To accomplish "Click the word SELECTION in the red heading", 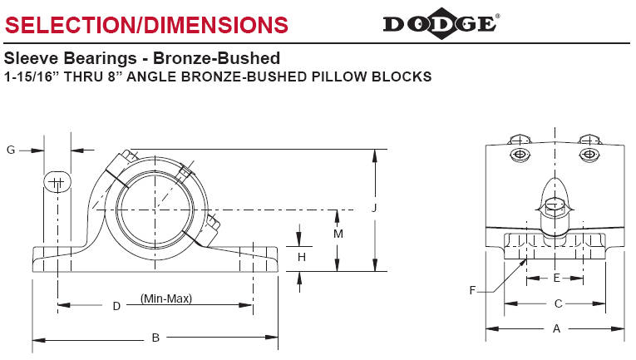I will [65, 24].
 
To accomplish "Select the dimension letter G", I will [11, 150].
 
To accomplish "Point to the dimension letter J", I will [375, 210].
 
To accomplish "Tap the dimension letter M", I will [338, 234].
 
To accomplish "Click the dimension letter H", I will [302, 258].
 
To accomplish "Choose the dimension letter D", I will [116, 306].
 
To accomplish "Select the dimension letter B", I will [155, 338].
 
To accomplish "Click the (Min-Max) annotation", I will [166, 298].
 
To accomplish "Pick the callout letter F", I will [472, 289].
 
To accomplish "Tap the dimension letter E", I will [556, 278].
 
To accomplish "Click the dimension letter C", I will [558, 303].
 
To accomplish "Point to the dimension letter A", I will [556, 329].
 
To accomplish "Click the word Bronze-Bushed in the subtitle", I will [227, 59].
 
